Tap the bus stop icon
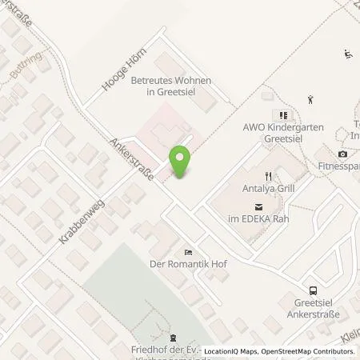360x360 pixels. (314, 291)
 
